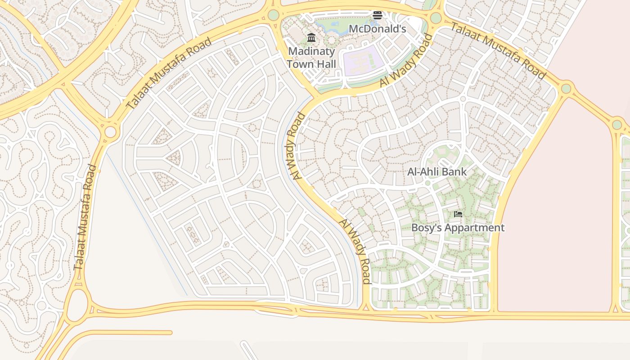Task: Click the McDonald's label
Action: pos(378,29)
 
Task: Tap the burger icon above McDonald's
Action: pos(377,15)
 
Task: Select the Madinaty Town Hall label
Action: pos(311,58)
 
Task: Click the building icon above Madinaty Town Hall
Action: pos(311,37)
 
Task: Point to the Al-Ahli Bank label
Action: pos(437,172)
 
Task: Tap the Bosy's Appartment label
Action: pos(458,228)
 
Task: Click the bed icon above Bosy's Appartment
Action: pos(458,214)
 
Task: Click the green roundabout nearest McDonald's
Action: pos(436,18)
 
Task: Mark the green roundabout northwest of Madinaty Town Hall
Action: pos(274,15)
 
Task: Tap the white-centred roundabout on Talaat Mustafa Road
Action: pos(110,132)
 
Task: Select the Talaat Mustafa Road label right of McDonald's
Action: pos(498,50)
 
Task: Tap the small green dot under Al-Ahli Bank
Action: pos(427,183)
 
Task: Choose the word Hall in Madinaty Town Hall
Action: pos(324,64)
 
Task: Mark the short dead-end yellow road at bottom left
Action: pos(130,333)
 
